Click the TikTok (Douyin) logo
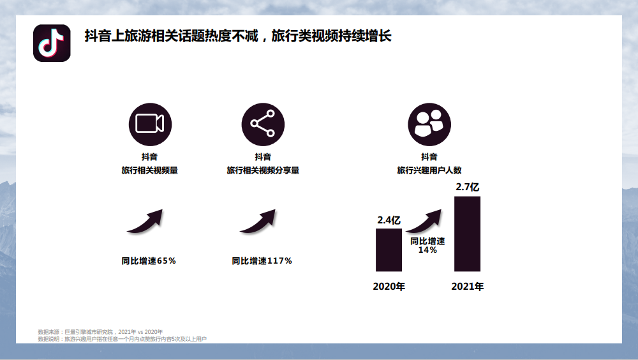[52, 43]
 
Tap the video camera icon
[150, 124]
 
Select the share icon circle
[263, 124]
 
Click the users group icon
[429, 124]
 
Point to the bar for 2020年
[389, 250]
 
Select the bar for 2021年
[467, 234]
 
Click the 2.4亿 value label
[389, 220]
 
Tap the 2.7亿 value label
[468, 187]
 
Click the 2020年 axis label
[389, 287]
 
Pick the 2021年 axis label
[468, 287]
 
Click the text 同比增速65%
[149, 261]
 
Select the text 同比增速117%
[262, 261]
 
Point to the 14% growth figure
[427, 250]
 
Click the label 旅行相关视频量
[150, 170]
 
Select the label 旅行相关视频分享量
[263, 170]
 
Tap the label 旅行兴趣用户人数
[429, 170]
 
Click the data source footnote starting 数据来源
[100, 332]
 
